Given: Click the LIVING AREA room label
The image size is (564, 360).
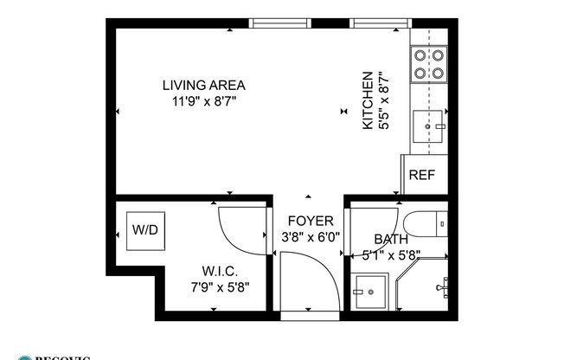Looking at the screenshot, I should pos(204,85).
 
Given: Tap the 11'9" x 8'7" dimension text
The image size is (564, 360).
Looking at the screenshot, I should pos(204,101).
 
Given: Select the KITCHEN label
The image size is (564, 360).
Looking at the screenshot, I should pos(367,100).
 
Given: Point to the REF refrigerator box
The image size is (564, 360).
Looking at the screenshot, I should pos(421,175).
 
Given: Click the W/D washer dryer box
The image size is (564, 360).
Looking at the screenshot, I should pos(144,230).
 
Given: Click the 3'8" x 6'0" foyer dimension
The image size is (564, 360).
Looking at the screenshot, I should pos(310,236).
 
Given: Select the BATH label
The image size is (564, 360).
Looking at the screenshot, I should pos(390,239).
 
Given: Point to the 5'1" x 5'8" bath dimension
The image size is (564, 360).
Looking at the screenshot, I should pos(390,254).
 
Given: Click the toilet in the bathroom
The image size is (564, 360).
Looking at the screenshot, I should pos(425,224).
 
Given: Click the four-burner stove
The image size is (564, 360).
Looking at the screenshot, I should pos(427,63).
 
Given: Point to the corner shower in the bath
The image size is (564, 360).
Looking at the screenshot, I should pos(425,286).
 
